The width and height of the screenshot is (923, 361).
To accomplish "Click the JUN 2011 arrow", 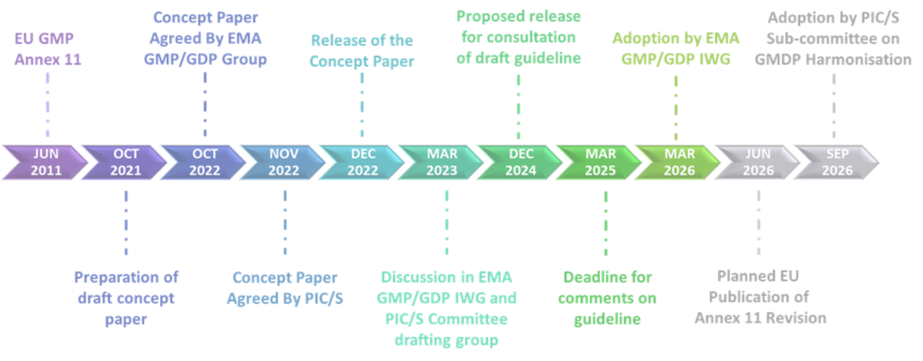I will point(46,162).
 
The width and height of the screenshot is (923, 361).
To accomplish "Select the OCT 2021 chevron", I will point(126,162).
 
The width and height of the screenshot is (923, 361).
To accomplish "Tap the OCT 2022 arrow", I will point(205,162).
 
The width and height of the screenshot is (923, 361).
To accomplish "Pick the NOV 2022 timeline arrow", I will point(284,162).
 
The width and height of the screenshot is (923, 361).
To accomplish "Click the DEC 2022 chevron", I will point(363,162).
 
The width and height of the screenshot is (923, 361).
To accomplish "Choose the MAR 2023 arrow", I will point(442,162).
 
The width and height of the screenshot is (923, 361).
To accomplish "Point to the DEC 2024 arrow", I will point(521,162).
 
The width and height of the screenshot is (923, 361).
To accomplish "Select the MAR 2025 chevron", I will point(600,162).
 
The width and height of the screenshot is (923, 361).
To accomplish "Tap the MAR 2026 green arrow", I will point(679,162).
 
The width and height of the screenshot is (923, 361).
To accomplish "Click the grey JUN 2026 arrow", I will point(758,162).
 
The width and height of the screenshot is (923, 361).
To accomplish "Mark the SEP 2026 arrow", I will point(837,162).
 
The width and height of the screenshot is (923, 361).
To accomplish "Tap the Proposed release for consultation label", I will point(518,39).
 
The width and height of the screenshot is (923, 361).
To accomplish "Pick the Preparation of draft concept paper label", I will point(126,299).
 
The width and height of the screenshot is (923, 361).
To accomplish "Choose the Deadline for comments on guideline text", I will point(607,299).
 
